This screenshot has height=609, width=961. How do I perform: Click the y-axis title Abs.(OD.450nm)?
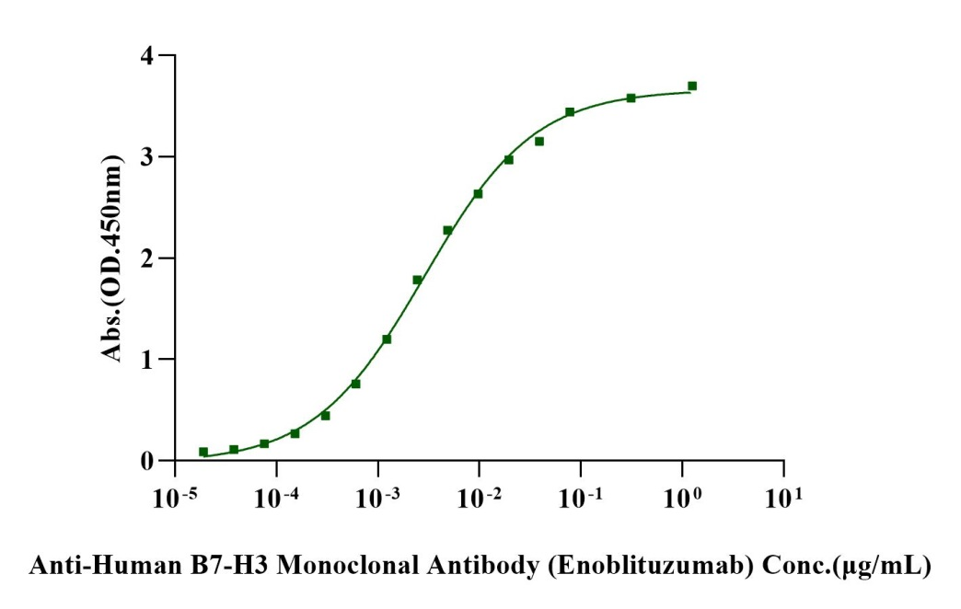(x=111, y=259)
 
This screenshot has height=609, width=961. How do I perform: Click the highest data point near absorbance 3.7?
(x=692, y=86)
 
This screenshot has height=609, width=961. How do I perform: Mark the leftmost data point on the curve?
(x=203, y=452)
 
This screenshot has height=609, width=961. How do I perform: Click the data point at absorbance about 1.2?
(x=387, y=339)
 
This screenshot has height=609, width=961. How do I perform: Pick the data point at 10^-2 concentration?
(x=478, y=193)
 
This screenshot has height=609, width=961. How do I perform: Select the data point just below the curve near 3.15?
(x=539, y=141)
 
